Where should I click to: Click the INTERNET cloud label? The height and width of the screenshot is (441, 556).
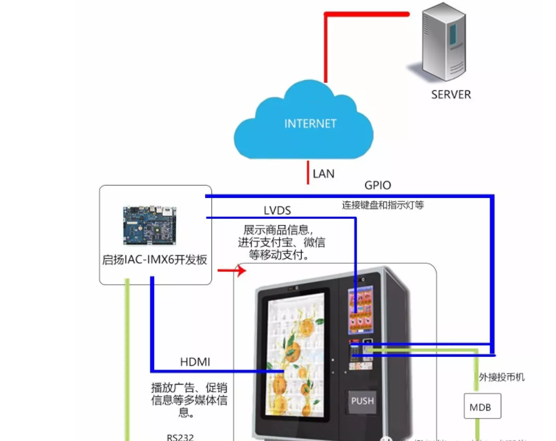(310, 124)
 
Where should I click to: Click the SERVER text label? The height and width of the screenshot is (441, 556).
(450, 95)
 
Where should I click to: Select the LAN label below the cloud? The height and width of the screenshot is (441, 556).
(323, 173)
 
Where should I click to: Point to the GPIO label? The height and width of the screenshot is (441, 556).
(378, 186)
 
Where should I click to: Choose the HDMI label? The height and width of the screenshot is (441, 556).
(195, 362)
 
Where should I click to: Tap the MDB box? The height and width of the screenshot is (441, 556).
(481, 407)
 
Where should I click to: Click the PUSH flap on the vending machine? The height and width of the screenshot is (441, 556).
(362, 401)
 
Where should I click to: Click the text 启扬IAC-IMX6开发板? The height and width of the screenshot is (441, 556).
(155, 260)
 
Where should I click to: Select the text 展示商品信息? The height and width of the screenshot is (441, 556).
(278, 228)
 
